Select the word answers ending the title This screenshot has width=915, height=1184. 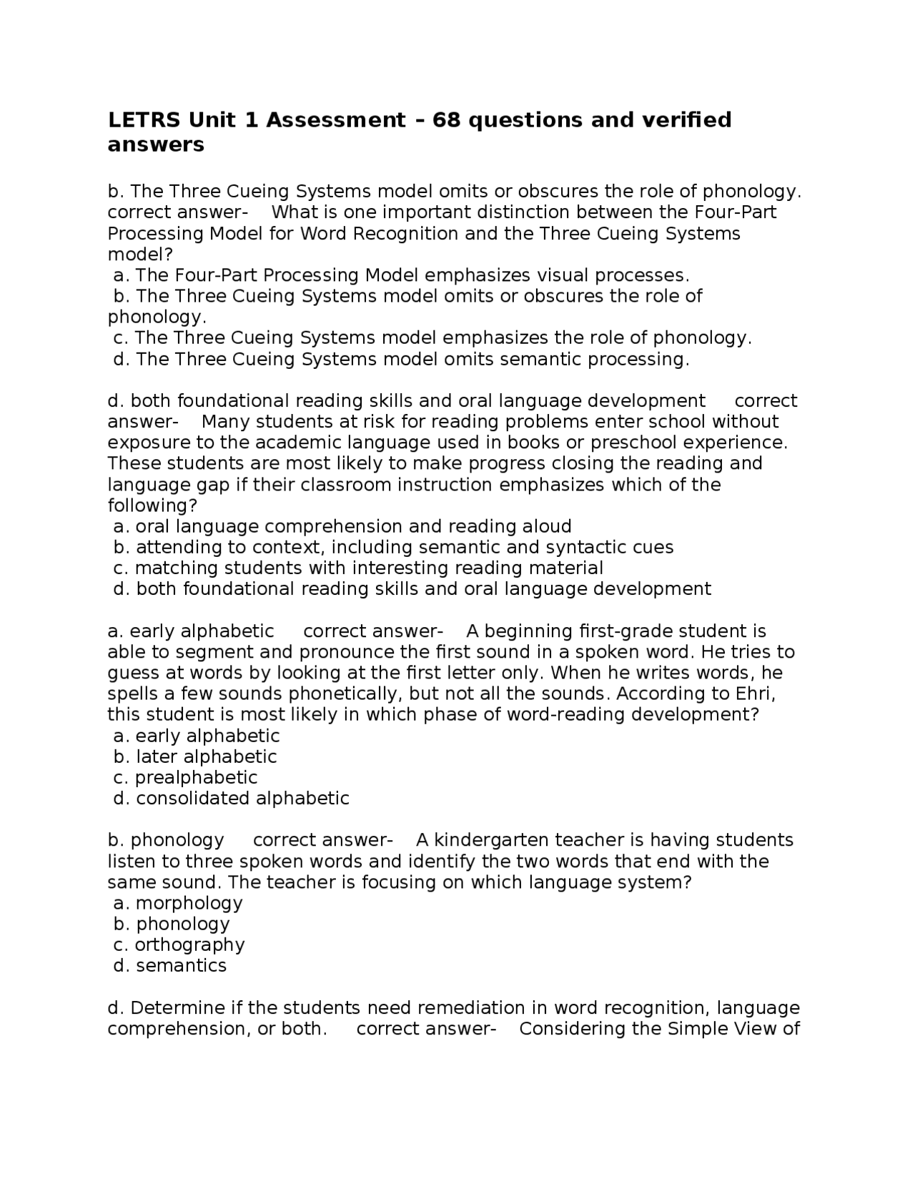156,144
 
